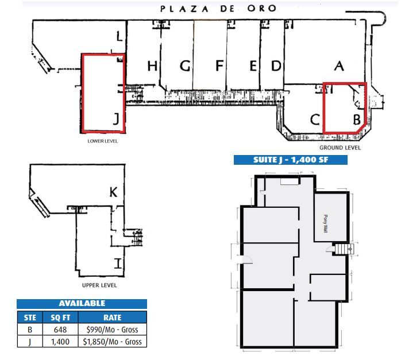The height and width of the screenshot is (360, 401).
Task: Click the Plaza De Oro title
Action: point(218,9)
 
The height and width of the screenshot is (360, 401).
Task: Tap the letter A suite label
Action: point(339,67)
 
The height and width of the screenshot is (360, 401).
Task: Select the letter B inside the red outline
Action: point(356,119)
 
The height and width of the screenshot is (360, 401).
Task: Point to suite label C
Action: point(315,119)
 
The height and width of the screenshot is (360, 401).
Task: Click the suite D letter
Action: point(276,66)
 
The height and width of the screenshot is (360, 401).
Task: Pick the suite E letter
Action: point(253,66)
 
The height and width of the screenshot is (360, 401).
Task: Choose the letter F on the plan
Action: point(219,66)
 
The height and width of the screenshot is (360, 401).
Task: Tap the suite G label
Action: point(185,66)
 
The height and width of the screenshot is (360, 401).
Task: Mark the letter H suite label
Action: point(152,66)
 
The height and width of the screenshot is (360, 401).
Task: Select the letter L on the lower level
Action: point(119,37)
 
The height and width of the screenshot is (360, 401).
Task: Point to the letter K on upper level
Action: point(113,192)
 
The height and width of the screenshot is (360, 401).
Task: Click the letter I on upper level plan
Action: point(118,264)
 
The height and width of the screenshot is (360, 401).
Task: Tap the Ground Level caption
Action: point(340,148)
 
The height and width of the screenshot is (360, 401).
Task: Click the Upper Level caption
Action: point(100,285)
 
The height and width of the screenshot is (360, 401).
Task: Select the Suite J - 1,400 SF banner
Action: point(290,160)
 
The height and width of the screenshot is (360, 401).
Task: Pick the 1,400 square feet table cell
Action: point(59,342)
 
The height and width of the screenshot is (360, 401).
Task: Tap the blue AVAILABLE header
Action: point(82,303)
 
